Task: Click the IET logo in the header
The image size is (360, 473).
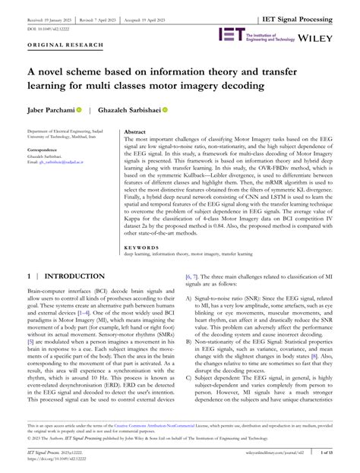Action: point(230,35)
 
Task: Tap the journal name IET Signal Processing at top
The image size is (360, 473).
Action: point(307,8)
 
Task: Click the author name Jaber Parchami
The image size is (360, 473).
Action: point(51,109)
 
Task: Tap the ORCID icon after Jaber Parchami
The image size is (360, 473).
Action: point(78,109)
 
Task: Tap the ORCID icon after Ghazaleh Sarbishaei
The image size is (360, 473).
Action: point(166,109)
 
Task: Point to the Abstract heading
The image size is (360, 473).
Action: point(134,132)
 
